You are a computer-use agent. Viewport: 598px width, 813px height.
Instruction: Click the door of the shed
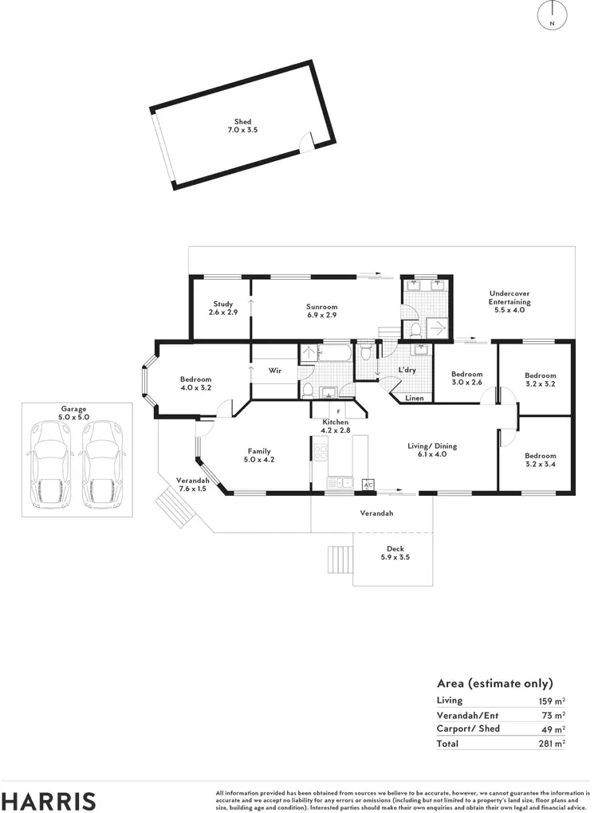click(x=305, y=143)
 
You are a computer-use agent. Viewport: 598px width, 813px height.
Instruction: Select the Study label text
click(x=222, y=304)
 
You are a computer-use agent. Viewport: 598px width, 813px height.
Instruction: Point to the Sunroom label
click(x=322, y=307)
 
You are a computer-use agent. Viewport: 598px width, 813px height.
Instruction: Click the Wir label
click(x=274, y=371)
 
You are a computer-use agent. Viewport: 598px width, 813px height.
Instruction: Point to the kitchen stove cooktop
click(x=321, y=453)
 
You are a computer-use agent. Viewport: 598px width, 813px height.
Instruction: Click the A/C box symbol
click(x=368, y=484)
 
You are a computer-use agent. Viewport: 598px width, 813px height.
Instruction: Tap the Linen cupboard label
click(x=415, y=398)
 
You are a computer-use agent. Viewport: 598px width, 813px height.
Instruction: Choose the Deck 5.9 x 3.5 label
click(x=395, y=553)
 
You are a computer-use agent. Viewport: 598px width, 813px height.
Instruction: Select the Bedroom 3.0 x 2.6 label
click(x=466, y=379)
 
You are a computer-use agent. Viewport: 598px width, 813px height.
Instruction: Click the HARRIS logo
click(x=49, y=800)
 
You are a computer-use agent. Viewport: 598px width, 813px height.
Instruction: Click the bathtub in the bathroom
click(x=335, y=353)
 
